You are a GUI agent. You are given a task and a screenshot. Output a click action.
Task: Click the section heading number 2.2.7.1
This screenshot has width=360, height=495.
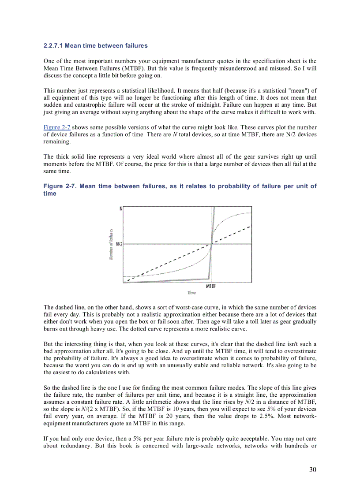click(x=53, y=46)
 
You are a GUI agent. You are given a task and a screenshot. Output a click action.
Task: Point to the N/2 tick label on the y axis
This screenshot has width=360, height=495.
click(x=119, y=244)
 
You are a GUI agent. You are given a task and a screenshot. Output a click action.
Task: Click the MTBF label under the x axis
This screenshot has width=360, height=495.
click(x=211, y=286)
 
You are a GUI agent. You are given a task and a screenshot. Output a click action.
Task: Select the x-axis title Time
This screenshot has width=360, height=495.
click(x=191, y=293)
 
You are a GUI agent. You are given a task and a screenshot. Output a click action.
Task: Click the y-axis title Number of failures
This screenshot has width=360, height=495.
click(x=111, y=244)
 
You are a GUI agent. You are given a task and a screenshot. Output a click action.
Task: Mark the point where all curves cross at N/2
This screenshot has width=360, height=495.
click(x=212, y=243)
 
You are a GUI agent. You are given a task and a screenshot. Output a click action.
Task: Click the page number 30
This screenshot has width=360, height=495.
click(x=312, y=469)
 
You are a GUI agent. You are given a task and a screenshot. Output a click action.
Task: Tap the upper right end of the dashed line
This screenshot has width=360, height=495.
click(x=251, y=227)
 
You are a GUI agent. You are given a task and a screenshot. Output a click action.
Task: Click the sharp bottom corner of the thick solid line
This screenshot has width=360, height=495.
click(x=208, y=279)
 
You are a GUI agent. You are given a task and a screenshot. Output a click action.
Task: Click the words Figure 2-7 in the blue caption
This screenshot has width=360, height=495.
click(x=59, y=186)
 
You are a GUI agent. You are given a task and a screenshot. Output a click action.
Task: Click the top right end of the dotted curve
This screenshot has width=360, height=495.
click(x=251, y=213)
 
